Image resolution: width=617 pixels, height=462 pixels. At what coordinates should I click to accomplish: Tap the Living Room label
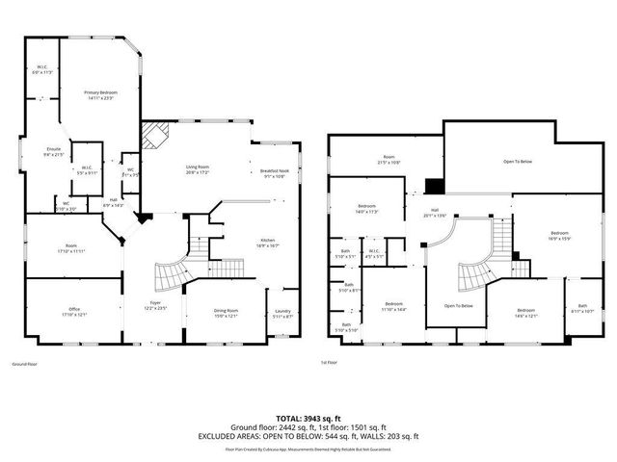tap(198, 169)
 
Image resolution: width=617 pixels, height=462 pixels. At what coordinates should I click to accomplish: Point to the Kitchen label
tap(268, 243)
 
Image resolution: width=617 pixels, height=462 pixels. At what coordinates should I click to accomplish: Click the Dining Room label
tap(226, 313)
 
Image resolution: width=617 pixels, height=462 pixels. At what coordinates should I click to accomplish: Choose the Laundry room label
tap(282, 313)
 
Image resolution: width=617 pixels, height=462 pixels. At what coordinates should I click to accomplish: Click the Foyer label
tap(155, 306)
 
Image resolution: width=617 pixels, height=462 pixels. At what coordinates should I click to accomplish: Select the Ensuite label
tap(54, 152)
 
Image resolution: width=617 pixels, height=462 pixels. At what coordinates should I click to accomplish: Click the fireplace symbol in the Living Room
tap(155, 135)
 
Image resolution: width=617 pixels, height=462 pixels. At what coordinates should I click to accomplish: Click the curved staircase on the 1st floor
tap(474, 276)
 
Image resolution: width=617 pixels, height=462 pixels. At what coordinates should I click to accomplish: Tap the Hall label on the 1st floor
tap(435, 212)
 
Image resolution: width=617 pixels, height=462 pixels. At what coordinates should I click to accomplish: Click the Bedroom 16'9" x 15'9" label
tap(560, 236)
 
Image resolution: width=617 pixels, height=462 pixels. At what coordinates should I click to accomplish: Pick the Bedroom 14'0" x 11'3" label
tap(367, 209)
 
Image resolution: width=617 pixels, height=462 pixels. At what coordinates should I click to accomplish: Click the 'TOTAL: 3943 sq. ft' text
tap(308, 417)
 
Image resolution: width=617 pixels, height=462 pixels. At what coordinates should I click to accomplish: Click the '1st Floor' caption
tap(330, 363)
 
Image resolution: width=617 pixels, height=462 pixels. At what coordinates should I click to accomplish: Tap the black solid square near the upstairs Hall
tap(435, 187)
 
